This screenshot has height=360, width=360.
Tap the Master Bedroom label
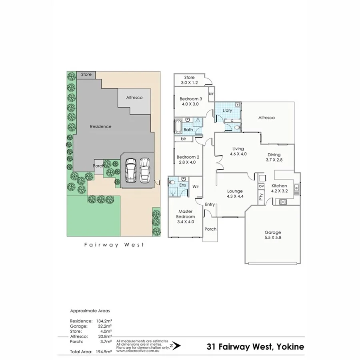click(x=186, y=214)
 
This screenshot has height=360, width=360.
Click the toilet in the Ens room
click(x=172, y=182)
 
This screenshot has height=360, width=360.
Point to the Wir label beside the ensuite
click(x=196, y=186)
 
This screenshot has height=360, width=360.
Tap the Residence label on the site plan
click(x=100, y=126)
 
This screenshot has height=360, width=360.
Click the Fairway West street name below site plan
click(x=114, y=245)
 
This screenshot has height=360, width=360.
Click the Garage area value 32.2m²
click(x=104, y=326)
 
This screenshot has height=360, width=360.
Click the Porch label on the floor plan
click(x=210, y=229)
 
